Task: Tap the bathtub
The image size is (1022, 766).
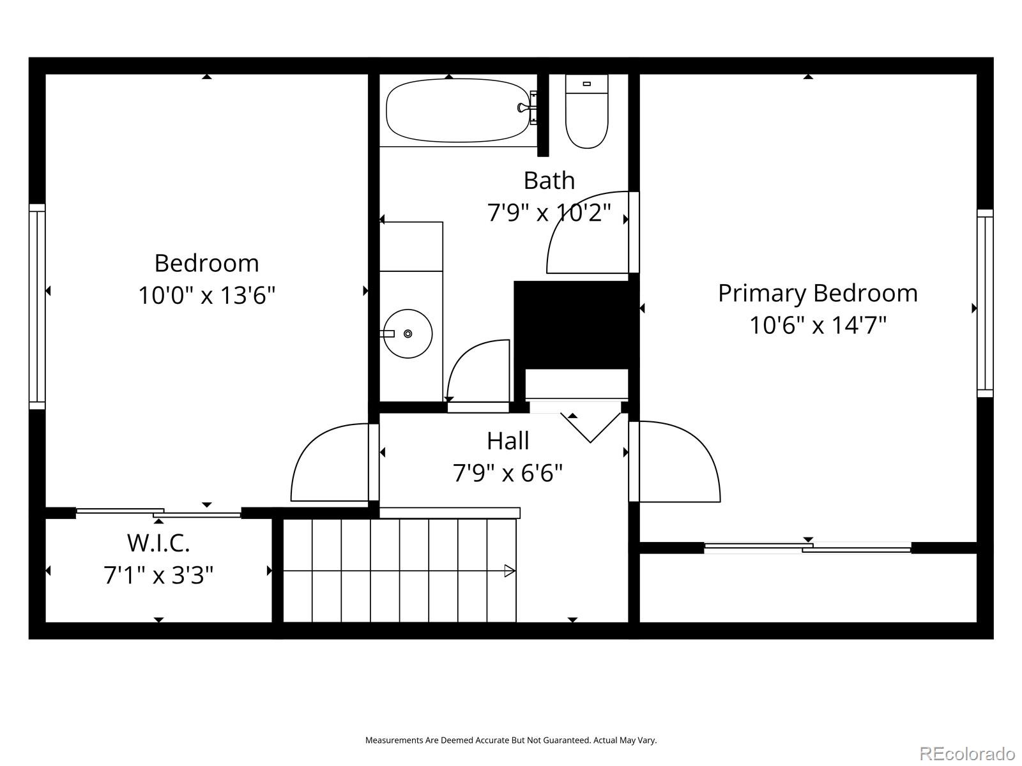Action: [x=457, y=110]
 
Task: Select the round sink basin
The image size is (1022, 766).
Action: [x=408, y=333]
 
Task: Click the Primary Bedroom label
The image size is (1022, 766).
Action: [x=818, y=293]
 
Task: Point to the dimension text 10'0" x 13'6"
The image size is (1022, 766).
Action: [x=206, y=296]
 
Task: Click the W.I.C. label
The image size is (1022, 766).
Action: [x=158, y=543]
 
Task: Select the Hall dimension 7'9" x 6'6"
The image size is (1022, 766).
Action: [x=508, y=474]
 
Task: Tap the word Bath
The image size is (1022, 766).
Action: [x=549, y=181]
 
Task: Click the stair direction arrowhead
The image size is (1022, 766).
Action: [x=509, y=571]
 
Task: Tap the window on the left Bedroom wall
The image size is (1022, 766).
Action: [x=37, y=306]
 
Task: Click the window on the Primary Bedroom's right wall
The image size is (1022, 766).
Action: [x=985, y=303]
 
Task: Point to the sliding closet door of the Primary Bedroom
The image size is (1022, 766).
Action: [x=807, y=547]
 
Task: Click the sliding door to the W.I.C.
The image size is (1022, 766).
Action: [x=158, y=512]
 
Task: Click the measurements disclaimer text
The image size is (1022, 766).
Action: [x=510, y=740]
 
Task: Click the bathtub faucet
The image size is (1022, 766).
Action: [x=528, y=108]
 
